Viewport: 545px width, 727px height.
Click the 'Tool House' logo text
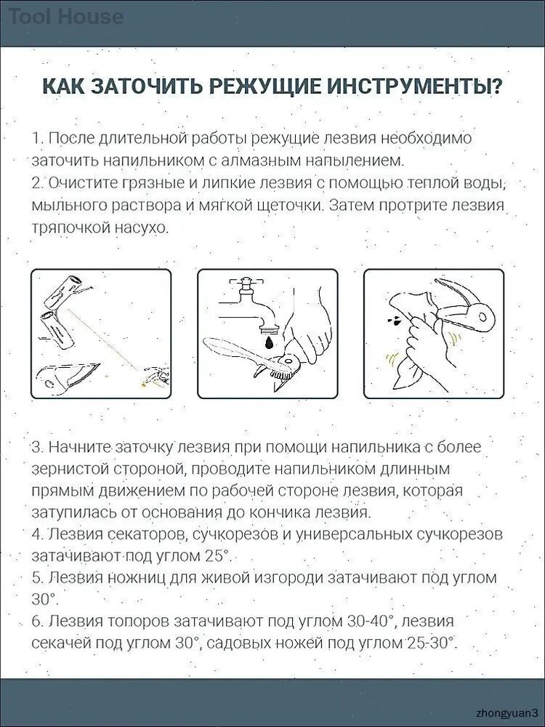coord(66,17)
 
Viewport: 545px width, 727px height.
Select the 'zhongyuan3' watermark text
coord(507,712)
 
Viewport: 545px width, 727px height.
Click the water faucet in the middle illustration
coord(253,302)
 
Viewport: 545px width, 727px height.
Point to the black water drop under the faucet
coord(270,343)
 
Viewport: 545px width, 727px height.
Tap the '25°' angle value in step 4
coord(217,555)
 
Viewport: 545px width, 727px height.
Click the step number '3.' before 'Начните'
coord(38,447)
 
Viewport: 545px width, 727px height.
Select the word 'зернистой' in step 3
coord(70,469)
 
